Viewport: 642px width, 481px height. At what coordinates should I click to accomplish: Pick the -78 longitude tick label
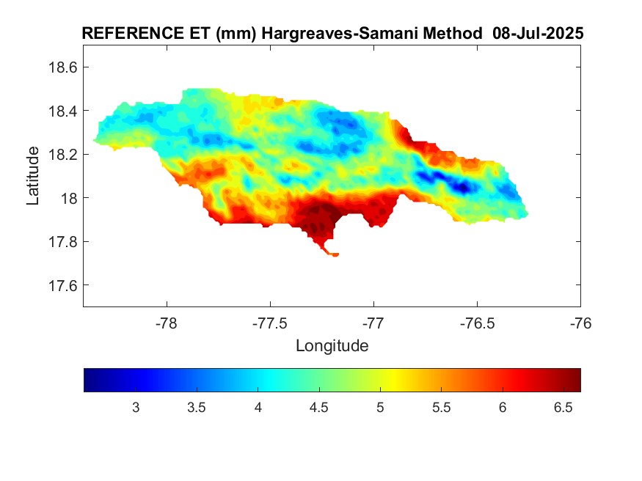167,322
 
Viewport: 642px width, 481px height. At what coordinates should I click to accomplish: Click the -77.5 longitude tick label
270,322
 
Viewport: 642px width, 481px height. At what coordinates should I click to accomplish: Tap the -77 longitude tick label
373,322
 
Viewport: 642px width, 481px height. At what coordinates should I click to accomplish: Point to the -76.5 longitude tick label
477,322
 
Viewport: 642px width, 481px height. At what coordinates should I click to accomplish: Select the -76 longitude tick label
580,322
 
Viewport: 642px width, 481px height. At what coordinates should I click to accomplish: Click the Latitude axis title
33,176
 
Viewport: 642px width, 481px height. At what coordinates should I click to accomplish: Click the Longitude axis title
332,345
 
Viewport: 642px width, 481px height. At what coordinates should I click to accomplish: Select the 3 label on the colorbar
136,407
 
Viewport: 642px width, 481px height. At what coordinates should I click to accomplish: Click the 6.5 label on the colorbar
563,407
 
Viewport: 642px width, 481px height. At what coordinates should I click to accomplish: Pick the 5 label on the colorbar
380,407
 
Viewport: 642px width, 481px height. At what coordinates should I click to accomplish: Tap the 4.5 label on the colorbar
319,407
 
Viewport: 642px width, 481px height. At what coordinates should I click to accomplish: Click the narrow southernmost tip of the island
334,254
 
